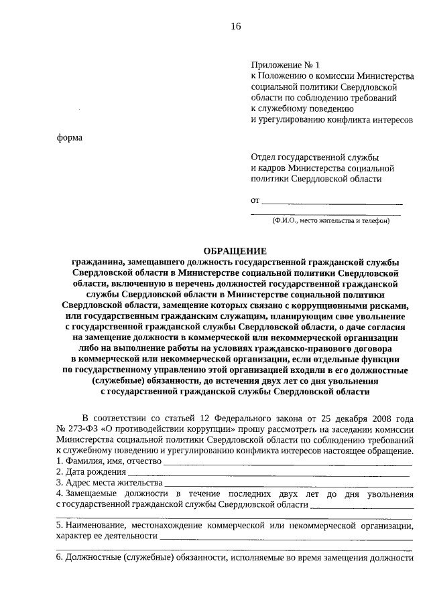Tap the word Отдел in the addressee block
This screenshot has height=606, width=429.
click(x=263, y=157)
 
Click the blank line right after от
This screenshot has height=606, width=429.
click(x=331, y=200)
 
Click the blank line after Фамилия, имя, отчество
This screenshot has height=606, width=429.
click(x=288, y=461)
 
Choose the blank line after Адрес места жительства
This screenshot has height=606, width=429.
click(x=288, y=483)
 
